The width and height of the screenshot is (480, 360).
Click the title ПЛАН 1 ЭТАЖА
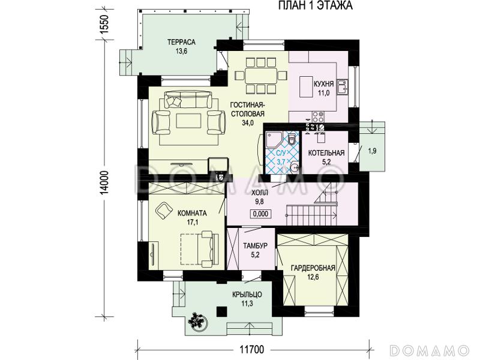[316, 5]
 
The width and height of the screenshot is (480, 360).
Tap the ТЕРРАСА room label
[181, 42]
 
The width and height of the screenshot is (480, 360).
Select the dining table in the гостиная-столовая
[261, 76]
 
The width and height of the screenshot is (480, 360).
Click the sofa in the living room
[188, 99]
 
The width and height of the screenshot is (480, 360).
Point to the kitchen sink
[342, 86]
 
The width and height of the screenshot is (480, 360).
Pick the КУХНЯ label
[323, 84]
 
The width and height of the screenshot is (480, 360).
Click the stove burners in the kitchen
[318, 116]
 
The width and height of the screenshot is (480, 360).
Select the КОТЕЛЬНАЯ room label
[326, 153]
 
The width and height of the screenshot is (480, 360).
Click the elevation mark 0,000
[261, 214]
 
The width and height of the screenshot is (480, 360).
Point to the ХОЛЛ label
[260, 193]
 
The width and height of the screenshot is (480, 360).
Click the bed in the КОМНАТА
[199, 248]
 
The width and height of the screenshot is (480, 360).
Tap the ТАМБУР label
[256, 245]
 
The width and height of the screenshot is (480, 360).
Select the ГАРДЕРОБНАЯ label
[313, 268]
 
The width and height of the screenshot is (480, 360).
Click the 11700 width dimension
[251, 349]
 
